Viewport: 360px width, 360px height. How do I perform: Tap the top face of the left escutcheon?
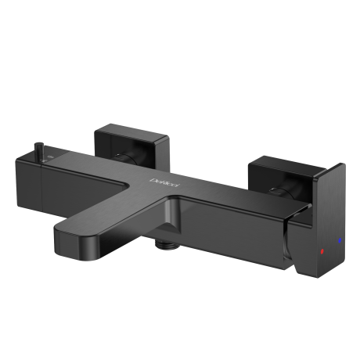(133, 131)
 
